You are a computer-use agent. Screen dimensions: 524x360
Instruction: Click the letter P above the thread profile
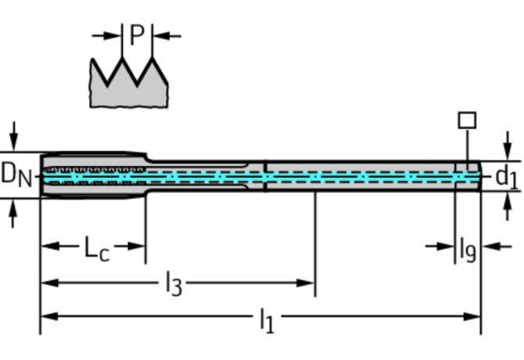(137, 34)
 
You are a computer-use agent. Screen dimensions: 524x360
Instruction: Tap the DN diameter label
(16, 175)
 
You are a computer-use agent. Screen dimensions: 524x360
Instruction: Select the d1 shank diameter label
(507, 177)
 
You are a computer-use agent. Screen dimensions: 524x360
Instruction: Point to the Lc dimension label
(97, 248)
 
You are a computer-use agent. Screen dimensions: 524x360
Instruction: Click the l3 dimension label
(174, 284)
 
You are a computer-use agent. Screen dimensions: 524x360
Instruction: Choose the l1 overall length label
(267, 321)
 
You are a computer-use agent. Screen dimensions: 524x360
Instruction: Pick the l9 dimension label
(468, 249)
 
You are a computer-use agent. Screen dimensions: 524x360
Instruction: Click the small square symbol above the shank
(467, 121)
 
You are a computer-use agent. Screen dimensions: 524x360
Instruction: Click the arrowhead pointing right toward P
(111, 35)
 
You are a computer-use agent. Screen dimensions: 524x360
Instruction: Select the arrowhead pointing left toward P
(162, 36)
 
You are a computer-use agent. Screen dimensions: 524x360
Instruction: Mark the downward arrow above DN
(14, 136)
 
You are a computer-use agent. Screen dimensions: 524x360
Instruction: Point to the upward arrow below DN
(13, 214)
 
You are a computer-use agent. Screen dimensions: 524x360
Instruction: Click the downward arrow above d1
(508, 146)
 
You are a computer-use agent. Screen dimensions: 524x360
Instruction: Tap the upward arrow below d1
(508, 207)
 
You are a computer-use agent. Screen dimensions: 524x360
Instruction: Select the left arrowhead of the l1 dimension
(49, 316)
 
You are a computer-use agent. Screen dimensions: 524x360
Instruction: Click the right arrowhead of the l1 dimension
(472, 316)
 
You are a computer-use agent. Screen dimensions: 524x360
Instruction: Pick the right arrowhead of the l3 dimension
(306, 283)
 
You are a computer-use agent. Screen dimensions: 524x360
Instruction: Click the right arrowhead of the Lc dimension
(136, 247)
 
